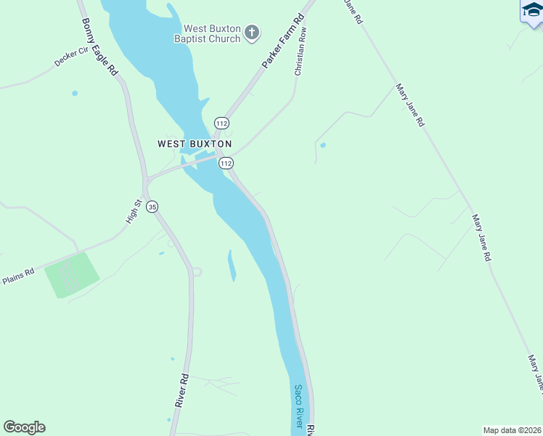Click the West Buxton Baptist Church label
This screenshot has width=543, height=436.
pyautogui.click(x=207, y=33)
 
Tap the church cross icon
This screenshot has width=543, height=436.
pyautogui.click(x=252, y=33)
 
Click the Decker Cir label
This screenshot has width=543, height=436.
pyautogui.click(x=71, y=57)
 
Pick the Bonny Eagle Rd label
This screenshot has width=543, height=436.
pyautogui.click(x=100, y=47)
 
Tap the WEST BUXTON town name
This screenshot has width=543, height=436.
pyautogui.click(x=195, y=144)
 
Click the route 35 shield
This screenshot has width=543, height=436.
pyautogui.click(x=152, y=207)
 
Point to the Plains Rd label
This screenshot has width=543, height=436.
pyautogui.click(x=17, y=276)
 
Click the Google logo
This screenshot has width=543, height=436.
pyautogui.click(x=24, y=427)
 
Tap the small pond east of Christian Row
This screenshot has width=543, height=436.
pyautogui.click(x=322, y=145)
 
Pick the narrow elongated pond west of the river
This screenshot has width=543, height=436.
pyautogui.click(x=232, y=265)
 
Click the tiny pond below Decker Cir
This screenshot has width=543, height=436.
pyautogui.click(x=74, y=93)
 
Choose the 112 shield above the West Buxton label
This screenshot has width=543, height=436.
pyautogui.click(x=222, y=124)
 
